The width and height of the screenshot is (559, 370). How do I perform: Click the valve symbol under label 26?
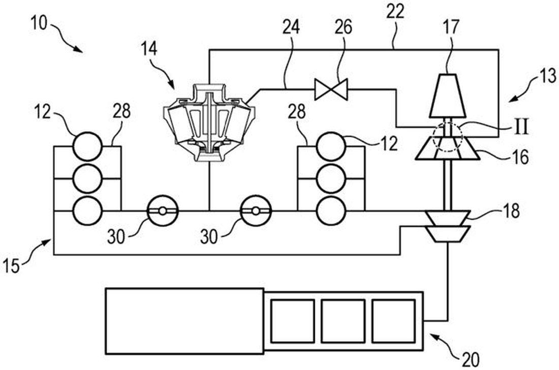[x=330, y=89]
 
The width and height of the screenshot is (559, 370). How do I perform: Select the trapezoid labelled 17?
[x=447, y=96]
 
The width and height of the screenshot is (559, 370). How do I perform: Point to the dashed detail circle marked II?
[x=447, y=136]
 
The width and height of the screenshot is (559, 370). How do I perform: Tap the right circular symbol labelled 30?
[x=256, y=210]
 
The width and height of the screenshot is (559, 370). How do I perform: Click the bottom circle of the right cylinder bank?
[x=331, y=210]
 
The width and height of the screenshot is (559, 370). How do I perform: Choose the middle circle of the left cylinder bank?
[x=87, y=178]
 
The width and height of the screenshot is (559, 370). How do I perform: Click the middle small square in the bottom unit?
[x=343, y=320]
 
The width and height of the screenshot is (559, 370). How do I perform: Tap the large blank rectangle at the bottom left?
[x=184, y=321]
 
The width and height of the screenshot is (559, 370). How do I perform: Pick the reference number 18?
[x=509, y=210]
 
